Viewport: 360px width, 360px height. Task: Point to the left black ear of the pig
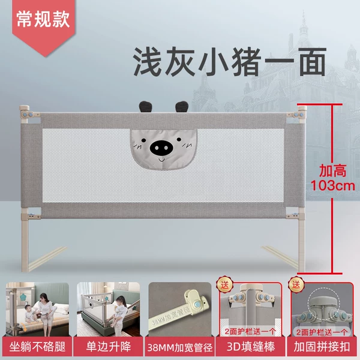point(144,107)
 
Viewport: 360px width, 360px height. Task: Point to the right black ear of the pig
point(182,107)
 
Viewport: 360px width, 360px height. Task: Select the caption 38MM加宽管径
point(179,347)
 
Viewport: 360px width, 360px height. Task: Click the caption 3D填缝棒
point(250,347)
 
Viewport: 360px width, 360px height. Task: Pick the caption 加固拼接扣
point(322,347)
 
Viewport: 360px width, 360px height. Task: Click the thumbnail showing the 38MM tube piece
point(179,311)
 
